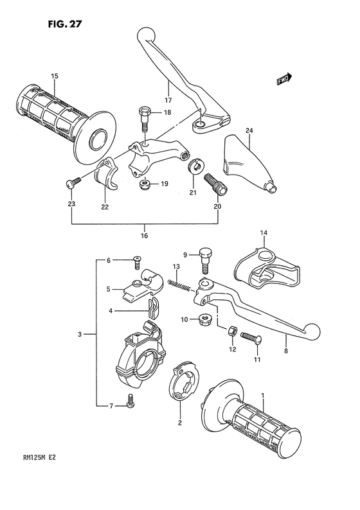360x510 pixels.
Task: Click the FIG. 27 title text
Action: [64, 24]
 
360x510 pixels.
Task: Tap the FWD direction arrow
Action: [285, 79]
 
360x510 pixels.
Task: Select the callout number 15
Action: [55, 76]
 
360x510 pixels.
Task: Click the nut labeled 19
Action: [143, 185]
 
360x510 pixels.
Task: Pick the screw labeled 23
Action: [74, 182]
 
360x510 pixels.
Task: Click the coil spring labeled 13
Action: [179, 286]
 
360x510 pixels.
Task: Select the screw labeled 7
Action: [130, 400]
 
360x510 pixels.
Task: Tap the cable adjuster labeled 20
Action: [215, 185]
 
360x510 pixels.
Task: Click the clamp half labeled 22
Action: [106, 173]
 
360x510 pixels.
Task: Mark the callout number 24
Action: [249, 131]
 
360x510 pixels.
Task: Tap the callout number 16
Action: [144, 236]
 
